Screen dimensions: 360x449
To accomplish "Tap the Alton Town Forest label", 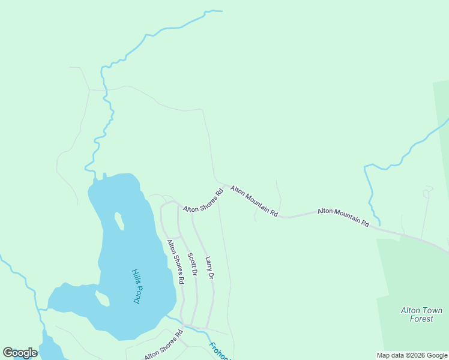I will coord(421,314).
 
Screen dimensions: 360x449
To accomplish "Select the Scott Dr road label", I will coord(192,264).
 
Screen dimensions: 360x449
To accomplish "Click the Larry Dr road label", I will coord(209,268).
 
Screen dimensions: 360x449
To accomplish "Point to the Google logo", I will coord(20,353).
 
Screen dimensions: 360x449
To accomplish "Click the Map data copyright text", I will coord(412,355).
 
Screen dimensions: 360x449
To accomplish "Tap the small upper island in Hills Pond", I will coord(119,221).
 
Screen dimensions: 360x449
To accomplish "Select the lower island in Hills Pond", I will coord(102,298).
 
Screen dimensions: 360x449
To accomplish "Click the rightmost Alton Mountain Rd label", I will coord(343,217).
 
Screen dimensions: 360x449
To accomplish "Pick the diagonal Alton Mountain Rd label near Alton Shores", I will coord(255,201).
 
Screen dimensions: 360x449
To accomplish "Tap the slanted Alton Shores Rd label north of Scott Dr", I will coord(203,201).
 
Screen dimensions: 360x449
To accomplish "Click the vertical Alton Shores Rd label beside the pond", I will coord(175,262).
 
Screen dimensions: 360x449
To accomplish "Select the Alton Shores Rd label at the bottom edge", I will coord(163,345).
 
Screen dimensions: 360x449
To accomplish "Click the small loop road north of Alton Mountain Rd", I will coord(427,193).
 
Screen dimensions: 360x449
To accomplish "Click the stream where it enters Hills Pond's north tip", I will coord(94,178).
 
